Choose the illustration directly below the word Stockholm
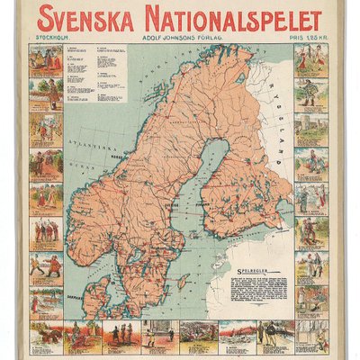[46, 60]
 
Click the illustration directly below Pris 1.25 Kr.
[311, 60]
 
